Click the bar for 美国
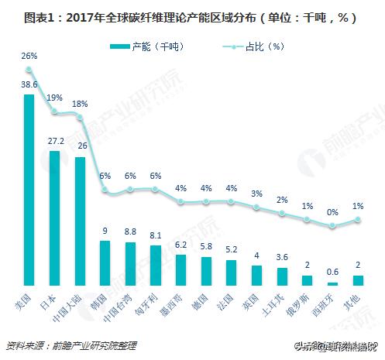coord(29,190)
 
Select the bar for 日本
coord(54,218)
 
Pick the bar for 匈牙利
coord(155,266)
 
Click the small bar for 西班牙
coord(332,283)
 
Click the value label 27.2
coord(54,142)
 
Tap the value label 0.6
coord(332,272)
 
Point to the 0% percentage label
coord(332,211)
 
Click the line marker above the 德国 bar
coord(206,203)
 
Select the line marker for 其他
coord(357,219)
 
